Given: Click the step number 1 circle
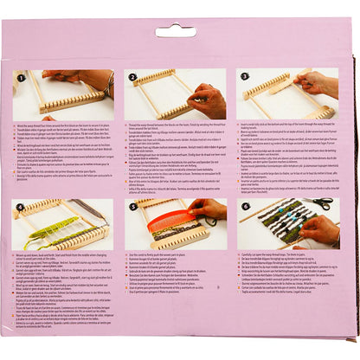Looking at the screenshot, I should (x=22, y=76).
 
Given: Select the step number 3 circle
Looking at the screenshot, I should (x=246, y=76).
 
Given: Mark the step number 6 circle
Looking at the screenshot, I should (x=246, y=206).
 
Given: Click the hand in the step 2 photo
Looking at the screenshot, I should (x=208, y=100).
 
